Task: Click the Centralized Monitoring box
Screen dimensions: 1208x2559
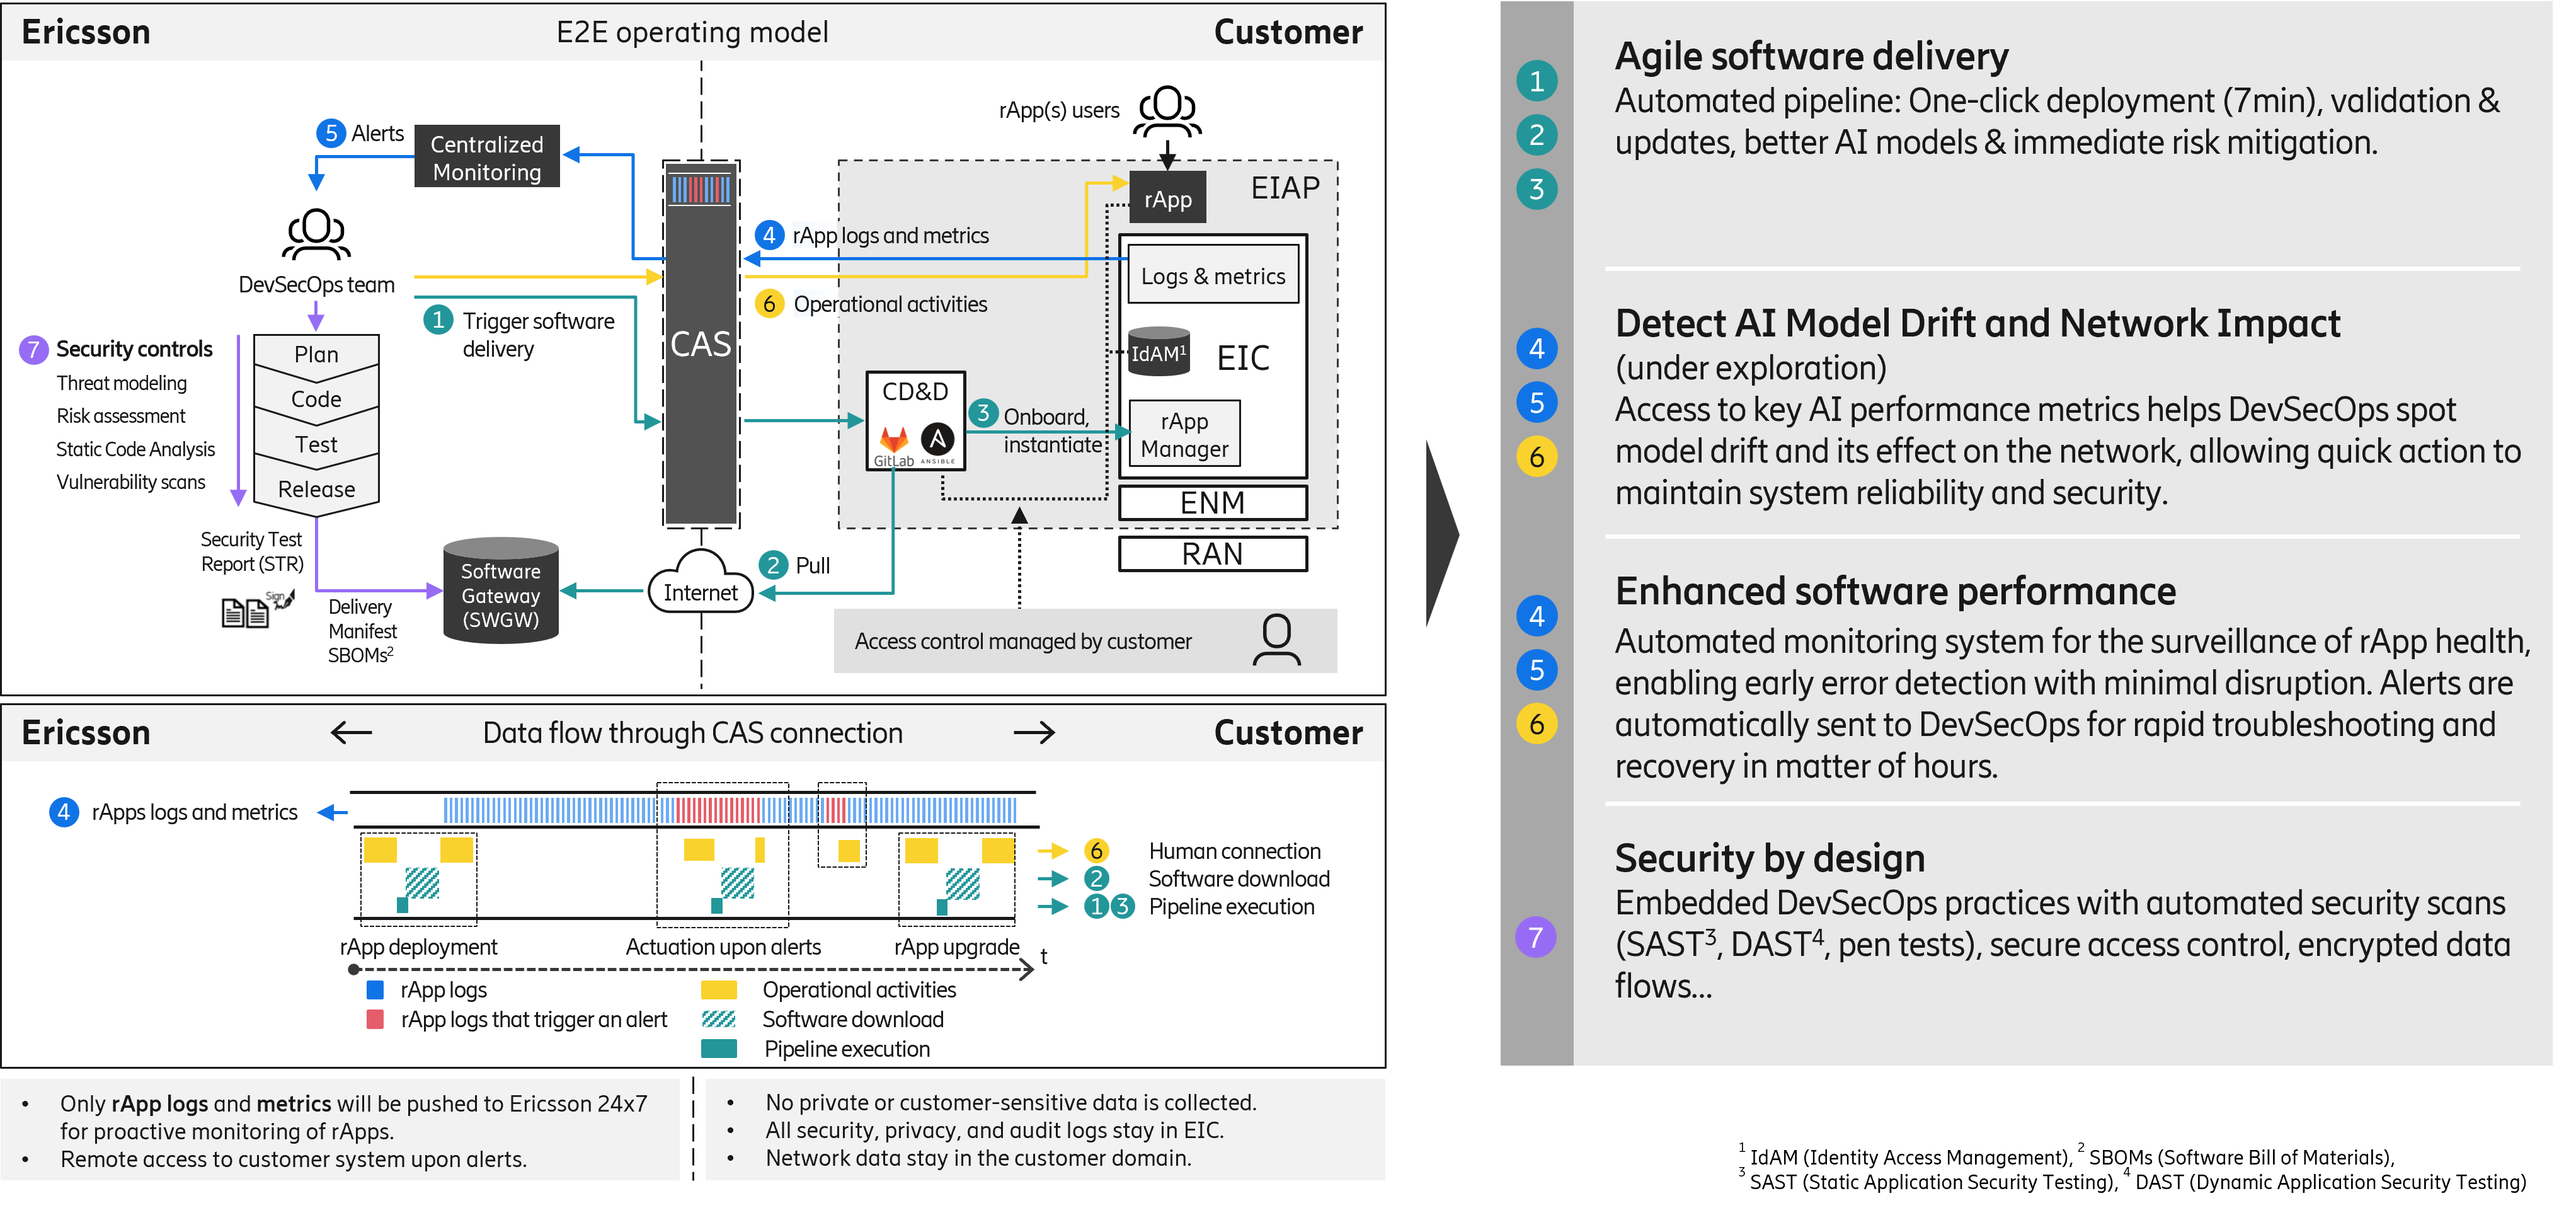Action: point(487,157)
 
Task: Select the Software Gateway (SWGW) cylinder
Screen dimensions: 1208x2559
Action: point(501,594)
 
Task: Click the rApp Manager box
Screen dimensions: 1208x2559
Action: point(1184,435)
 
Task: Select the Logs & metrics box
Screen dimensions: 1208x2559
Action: point(1213,276)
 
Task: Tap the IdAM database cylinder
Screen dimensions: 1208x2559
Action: point(1159,353)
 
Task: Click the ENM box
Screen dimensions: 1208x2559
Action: point(1212,503)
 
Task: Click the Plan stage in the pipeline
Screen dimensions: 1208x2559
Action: point(316,355)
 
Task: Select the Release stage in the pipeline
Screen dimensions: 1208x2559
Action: point(316,489)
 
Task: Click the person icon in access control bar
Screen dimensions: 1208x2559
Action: point(1276,641)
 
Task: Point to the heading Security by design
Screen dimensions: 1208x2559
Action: point(1769,858)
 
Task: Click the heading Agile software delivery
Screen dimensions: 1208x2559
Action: point(1811,57)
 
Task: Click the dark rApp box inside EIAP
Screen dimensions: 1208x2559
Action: point(1167,198)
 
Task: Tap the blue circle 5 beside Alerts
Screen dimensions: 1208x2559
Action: point(331,133)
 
